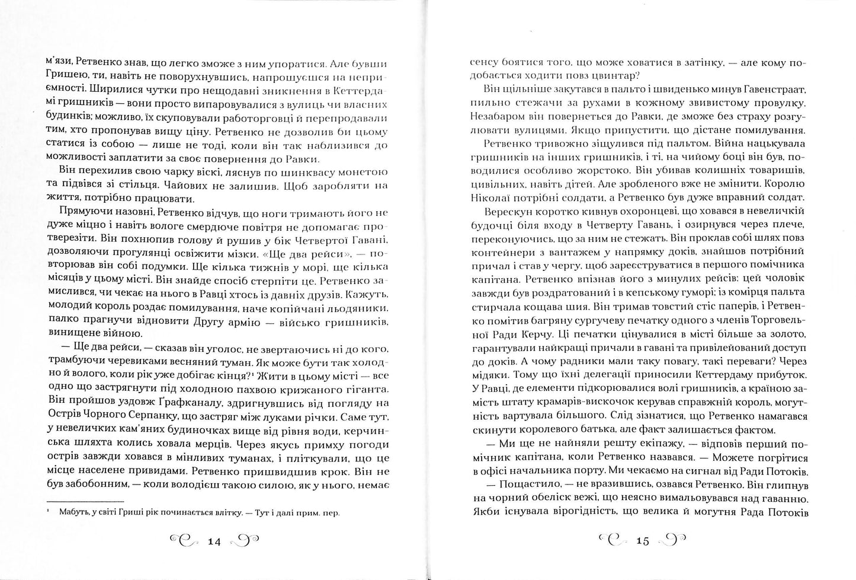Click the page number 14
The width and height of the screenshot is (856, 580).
214,541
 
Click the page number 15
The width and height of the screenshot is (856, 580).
642,541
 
